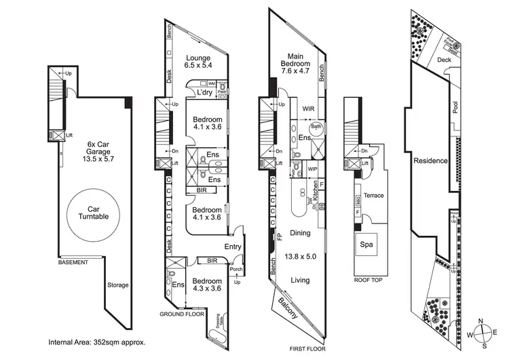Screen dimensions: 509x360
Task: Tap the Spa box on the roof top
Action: click(366, 245)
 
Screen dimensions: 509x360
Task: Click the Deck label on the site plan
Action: click(444, 60)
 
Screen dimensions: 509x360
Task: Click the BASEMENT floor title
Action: click(74, 262)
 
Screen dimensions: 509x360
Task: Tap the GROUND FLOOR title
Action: click(182, 315)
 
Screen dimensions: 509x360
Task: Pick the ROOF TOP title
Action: click(367, 279)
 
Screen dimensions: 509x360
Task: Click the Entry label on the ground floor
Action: click(232, 247)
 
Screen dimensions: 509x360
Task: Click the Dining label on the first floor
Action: click(299, 233)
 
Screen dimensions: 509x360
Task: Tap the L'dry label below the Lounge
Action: click(205, 93)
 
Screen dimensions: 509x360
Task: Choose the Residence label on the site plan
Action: click(430, 161)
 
